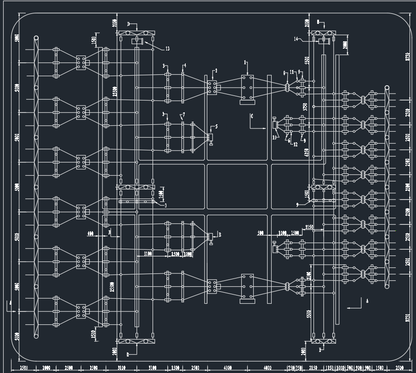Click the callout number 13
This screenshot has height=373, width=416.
pyautogui.click(x=167, y=49)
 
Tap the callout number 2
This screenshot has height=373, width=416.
pyautogui.click(x=216, y=71)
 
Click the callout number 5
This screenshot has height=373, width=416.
pyautogui.click(x=216, y=126)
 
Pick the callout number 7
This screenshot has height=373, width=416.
pyautogui.click(x=183, y=114)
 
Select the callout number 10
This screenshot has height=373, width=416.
pyautogui.click(x=275, y=137)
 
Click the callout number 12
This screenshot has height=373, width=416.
pyautogui.click(x=295, y=145)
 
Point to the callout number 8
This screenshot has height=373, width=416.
pyautogui.click(x=285, y=72)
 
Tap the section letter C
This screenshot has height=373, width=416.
pyautogui.click(x=251, y=116)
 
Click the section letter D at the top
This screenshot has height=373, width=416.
pyautogui.click(x=129, y=23)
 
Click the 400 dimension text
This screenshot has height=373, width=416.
pyautogui.click(x=90, y=234)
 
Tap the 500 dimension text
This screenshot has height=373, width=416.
pyautogui.click(x=261, y=233)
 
